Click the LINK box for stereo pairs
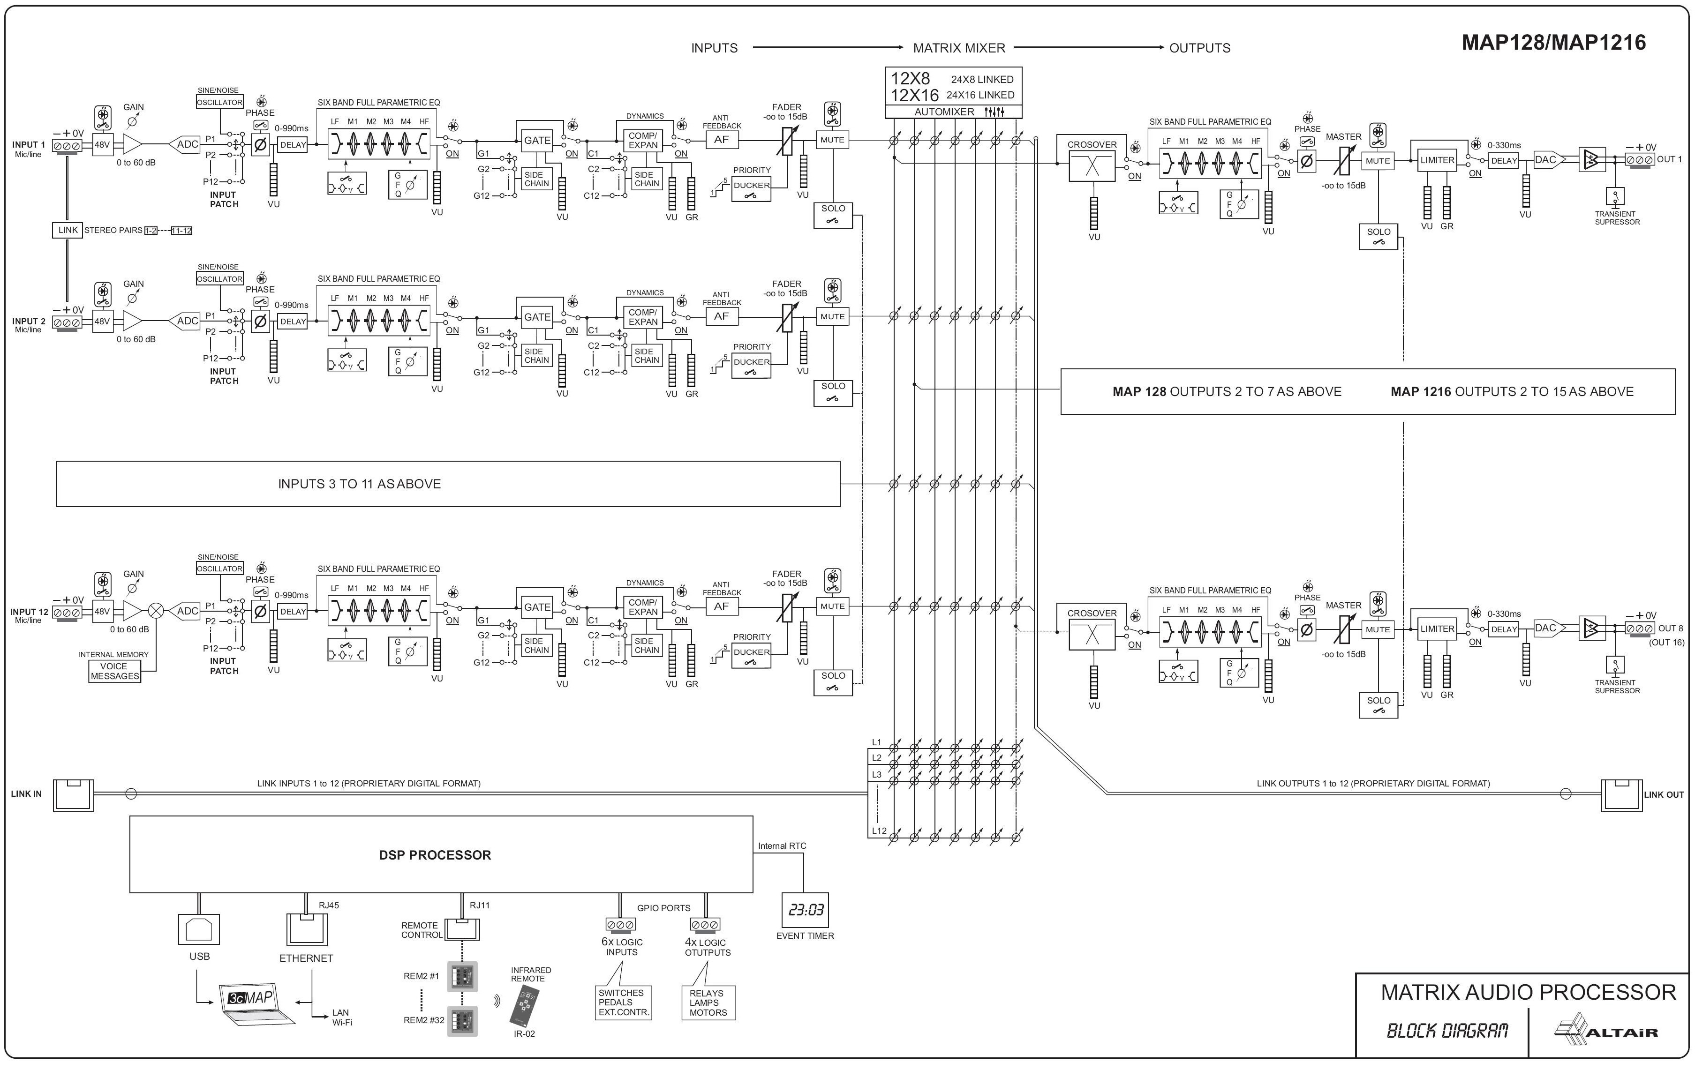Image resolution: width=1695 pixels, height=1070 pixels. click(x=68, y=230)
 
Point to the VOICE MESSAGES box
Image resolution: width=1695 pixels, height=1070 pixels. click(x=115, y=671)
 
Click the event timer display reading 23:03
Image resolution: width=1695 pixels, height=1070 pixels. click(x=805, y=910)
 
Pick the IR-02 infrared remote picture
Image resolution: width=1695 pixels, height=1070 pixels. click(x=524, y=1004)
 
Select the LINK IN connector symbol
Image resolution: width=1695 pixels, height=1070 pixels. click(x=73, y=795)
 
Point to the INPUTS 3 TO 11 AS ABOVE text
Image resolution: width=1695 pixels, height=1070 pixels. click(x=359, y=484)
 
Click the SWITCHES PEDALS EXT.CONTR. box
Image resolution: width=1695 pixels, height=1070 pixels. click(x=624, y=1003)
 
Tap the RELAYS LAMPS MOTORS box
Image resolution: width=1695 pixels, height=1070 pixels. click(x=708, y=1003)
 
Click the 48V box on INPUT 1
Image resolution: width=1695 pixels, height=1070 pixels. click(x=102, y=145)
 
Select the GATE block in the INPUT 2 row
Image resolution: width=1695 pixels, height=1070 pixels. click(x=537, y=317)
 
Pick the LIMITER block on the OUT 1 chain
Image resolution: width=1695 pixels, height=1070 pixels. click(x=1437, y=160)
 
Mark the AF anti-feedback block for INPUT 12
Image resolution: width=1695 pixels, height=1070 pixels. click(x=722, y=606)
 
